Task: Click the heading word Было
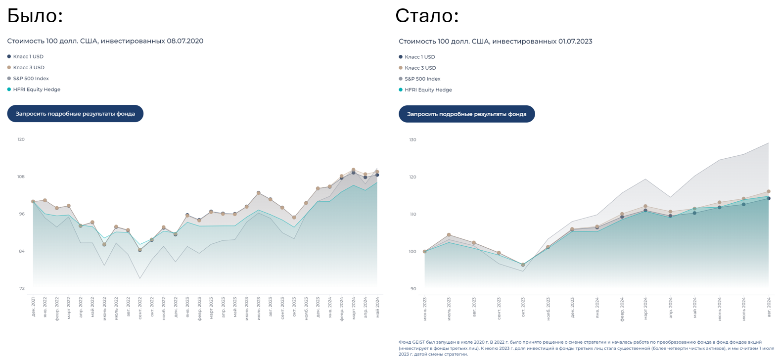coord(35,16)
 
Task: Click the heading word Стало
coord(427,16)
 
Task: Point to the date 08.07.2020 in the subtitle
coord(185,41)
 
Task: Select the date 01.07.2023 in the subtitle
coord(575,42)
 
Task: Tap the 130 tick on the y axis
coord(412,140)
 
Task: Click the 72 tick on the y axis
coord(22,288)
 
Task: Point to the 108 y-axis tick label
coord(21,177)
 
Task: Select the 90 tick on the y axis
coord(413,289)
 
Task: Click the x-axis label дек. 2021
coord(33,307)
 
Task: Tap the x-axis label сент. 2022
coord(140,308)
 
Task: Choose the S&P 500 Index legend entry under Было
coord(31,79)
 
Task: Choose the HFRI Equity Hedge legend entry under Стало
coord(428,90)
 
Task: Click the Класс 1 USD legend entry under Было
coord(28,57)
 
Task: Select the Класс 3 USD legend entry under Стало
coord(420,68)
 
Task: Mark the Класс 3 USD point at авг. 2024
coord(769,191)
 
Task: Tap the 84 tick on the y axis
coord(22,251)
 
